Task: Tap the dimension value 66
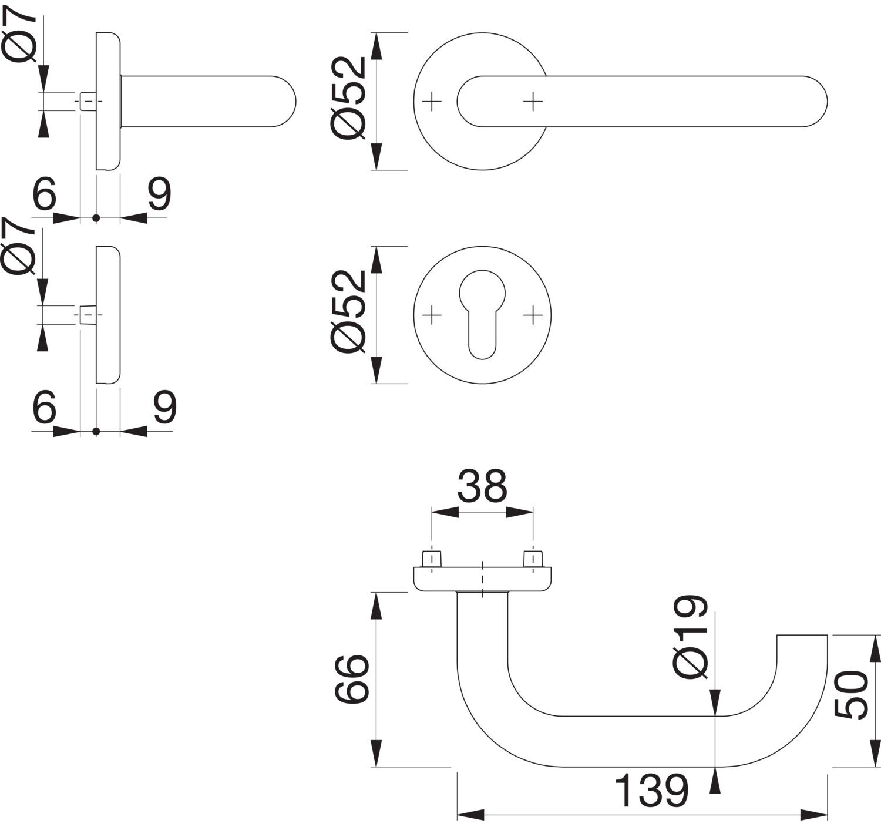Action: click(352, 679)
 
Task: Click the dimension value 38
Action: click(482, 486)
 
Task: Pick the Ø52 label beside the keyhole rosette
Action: click(349, 312)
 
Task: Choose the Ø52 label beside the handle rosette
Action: click(349, 99)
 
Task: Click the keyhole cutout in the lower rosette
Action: click(482, 314)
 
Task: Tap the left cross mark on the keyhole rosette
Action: click(432, 315)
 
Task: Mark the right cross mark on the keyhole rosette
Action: click(533, 315)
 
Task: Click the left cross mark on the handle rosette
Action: click(432, 102)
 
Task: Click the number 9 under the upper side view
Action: click(159, 193)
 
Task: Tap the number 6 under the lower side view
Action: click(45, 406)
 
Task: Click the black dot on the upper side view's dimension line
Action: click(96, 218)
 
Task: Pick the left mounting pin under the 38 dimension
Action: click(432, 559)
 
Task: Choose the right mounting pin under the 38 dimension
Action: click(533, 559)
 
